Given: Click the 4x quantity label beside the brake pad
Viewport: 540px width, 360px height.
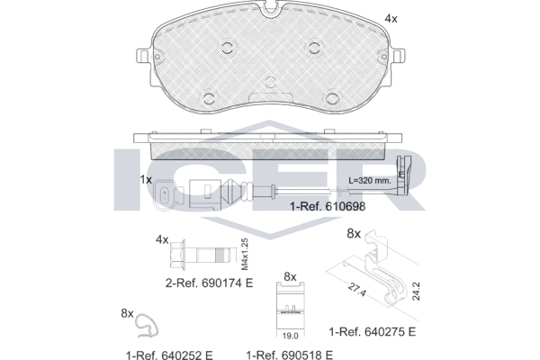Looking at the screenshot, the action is [391, 19].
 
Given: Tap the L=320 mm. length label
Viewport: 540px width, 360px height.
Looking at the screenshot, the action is [370, 180].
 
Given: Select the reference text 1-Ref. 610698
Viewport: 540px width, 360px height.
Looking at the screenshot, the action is [328, 206].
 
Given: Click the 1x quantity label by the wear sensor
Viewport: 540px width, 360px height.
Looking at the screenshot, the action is [146, 179].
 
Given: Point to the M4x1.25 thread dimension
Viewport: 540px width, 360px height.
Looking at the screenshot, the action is [245, 254].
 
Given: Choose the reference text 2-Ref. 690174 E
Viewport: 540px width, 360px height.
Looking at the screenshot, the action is [210, 283].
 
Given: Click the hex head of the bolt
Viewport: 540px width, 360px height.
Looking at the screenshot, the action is [178, 254].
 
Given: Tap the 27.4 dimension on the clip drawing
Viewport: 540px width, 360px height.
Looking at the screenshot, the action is [356, 289].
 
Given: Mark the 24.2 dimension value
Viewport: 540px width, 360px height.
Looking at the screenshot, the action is [416, 291].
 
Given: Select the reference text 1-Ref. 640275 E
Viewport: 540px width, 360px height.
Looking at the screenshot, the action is [373, 332].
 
